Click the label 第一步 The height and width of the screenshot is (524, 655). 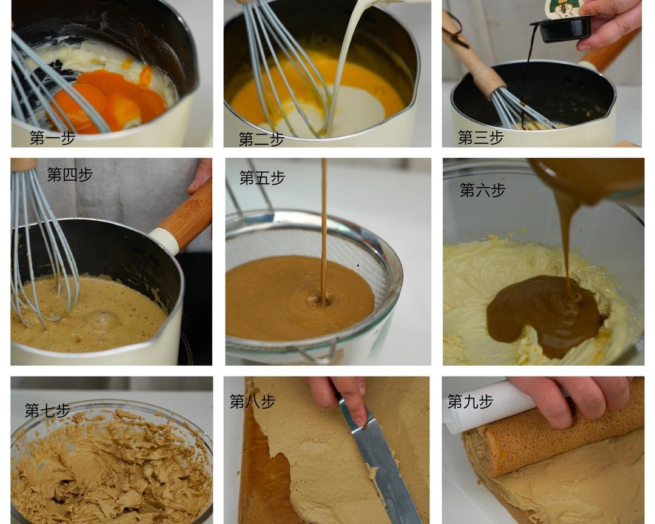click(x=52, y=138)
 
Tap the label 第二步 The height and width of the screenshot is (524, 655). click(x=261, y=139)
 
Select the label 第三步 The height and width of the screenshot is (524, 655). click(x=480, y=137)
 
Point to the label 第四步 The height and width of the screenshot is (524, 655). click(x=69, y=174)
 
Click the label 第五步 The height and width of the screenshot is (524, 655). click(x=262, y=178)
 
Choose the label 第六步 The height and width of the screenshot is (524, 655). click(x=483, y=190)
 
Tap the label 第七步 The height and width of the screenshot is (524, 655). click(x=47, y=411)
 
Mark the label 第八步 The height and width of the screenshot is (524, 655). click(x=252, y=401)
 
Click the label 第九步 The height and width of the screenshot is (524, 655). click(x=471, y=401)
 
